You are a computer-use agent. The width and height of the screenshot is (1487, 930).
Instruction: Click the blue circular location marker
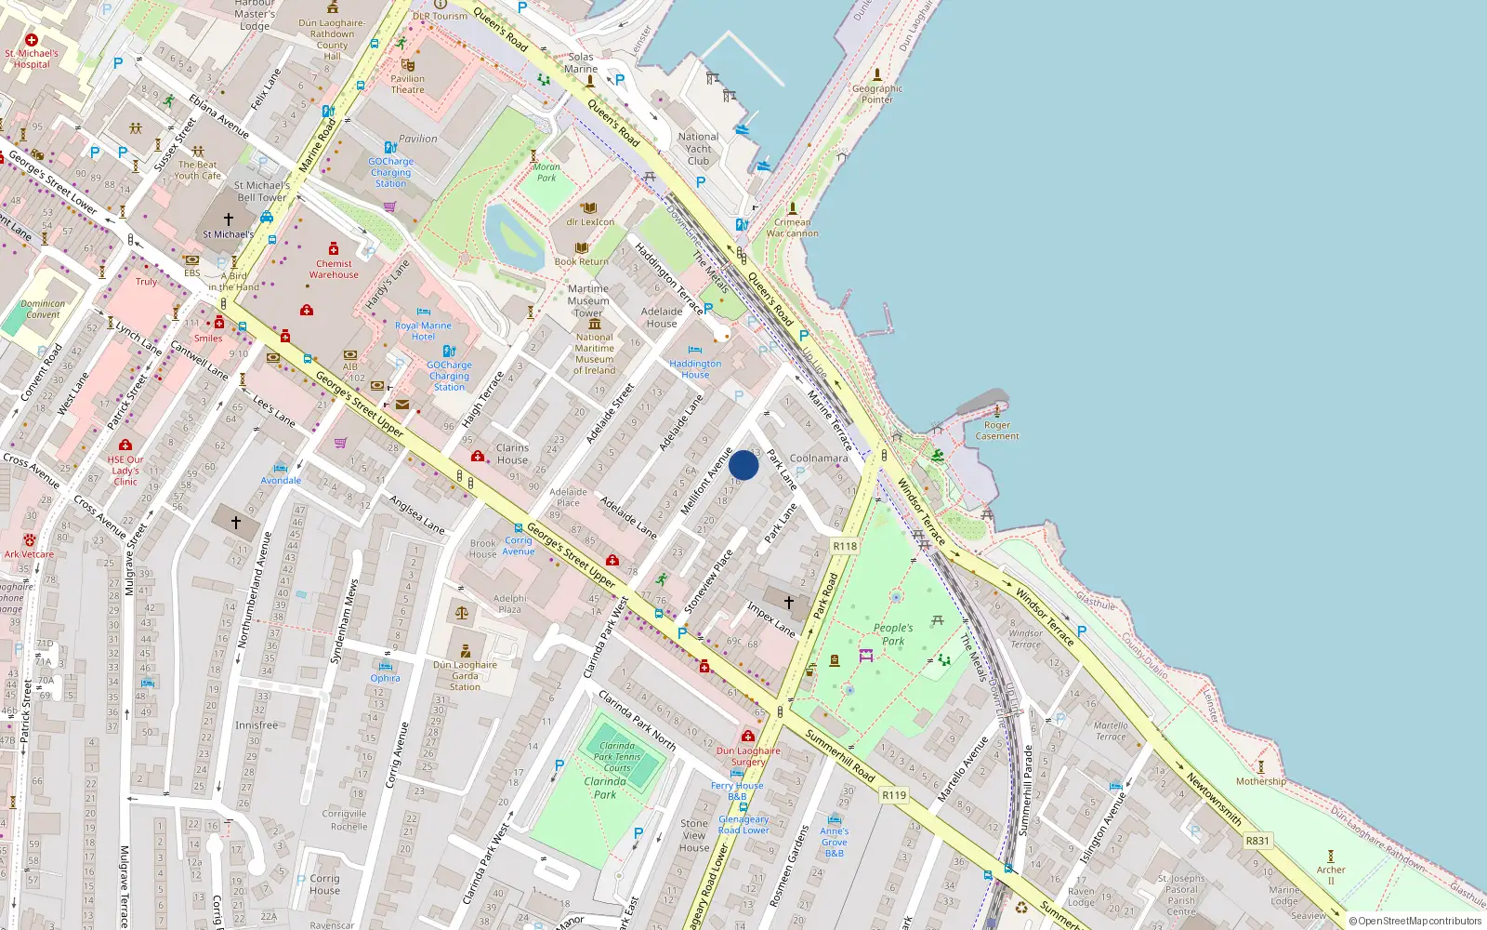743,465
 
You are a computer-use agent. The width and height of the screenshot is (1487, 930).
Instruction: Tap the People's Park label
892,634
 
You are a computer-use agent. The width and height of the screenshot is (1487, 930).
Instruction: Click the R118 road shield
845,546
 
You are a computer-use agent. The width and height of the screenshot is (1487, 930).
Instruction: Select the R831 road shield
1257,841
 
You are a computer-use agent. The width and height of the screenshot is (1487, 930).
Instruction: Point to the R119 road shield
894,795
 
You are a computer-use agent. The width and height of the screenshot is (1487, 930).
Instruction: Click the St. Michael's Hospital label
32,59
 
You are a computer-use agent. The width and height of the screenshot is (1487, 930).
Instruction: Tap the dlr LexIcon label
590,222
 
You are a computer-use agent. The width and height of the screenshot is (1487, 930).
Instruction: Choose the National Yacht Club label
698,149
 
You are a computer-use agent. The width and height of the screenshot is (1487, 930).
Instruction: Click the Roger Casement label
996,431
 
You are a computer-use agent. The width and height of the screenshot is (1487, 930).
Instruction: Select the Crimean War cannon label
792,228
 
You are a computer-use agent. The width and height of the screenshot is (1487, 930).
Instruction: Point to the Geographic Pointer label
876,94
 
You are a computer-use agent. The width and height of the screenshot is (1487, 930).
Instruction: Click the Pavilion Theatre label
407,84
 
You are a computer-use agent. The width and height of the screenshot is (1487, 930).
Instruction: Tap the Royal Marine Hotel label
423,331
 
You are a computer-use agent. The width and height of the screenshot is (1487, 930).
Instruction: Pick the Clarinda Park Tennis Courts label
617,757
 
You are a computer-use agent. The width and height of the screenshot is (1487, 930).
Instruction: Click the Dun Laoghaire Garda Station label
465,675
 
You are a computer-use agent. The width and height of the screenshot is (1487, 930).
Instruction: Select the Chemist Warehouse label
334,269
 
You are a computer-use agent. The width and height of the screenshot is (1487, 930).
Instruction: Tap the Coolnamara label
818,458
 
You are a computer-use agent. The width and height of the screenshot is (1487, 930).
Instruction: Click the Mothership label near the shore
1260,781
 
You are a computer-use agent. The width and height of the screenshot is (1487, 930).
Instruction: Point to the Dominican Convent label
43,309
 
